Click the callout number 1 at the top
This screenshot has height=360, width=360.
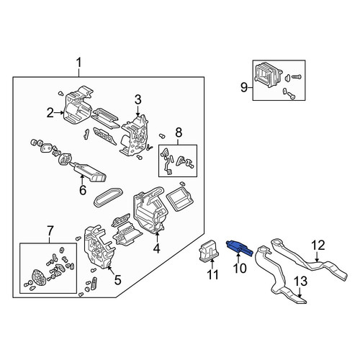tap(79, 63)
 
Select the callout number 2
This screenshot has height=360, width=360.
tap(50, 112)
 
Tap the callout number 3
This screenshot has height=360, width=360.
tap(138, 100)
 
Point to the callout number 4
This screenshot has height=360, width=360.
tap(156, 248)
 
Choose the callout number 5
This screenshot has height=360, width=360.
tap(117, 280)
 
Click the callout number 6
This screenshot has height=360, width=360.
tap(83, 190)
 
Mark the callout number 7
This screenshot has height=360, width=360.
tap(50, 231)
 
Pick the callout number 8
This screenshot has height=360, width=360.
tap(179, 132)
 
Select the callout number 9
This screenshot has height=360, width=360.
tap(244, 87)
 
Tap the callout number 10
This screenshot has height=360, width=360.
tap(240, 268)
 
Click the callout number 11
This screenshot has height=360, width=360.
tap(213, 274)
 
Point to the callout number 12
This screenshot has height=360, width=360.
tap(318, 246)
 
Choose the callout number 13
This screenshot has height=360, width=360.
tap(300, 281)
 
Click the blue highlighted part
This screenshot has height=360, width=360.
tap(239, 247)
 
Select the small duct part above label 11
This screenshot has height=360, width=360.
tap(208, 250)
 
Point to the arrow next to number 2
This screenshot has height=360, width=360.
tap(59, 112)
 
